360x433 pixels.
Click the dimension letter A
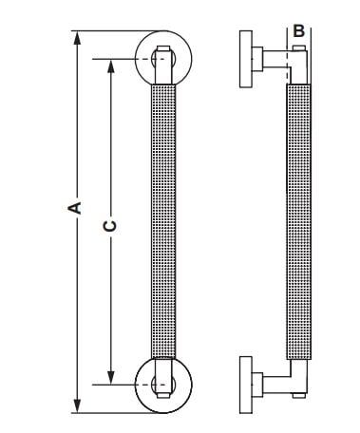pos(76,208)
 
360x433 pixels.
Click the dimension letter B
pos(298,31)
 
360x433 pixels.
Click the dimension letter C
pos(110,226)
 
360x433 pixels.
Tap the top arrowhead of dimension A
pos(77,38)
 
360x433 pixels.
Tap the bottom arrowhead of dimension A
pos(77,405)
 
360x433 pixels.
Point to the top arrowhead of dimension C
pos(110,66)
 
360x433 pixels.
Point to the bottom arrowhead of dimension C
pos(110,378)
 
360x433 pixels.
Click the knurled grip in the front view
pos(163,221)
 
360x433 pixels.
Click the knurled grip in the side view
pos(298,221)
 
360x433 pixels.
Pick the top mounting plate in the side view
pos(246,59)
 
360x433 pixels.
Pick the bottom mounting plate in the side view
pos(246,385)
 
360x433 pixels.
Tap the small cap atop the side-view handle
pos(299,48)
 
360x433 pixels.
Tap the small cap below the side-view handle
pos(299,395)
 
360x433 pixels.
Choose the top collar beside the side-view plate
pos(257,59)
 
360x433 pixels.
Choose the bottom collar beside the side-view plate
pos(257,385)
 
